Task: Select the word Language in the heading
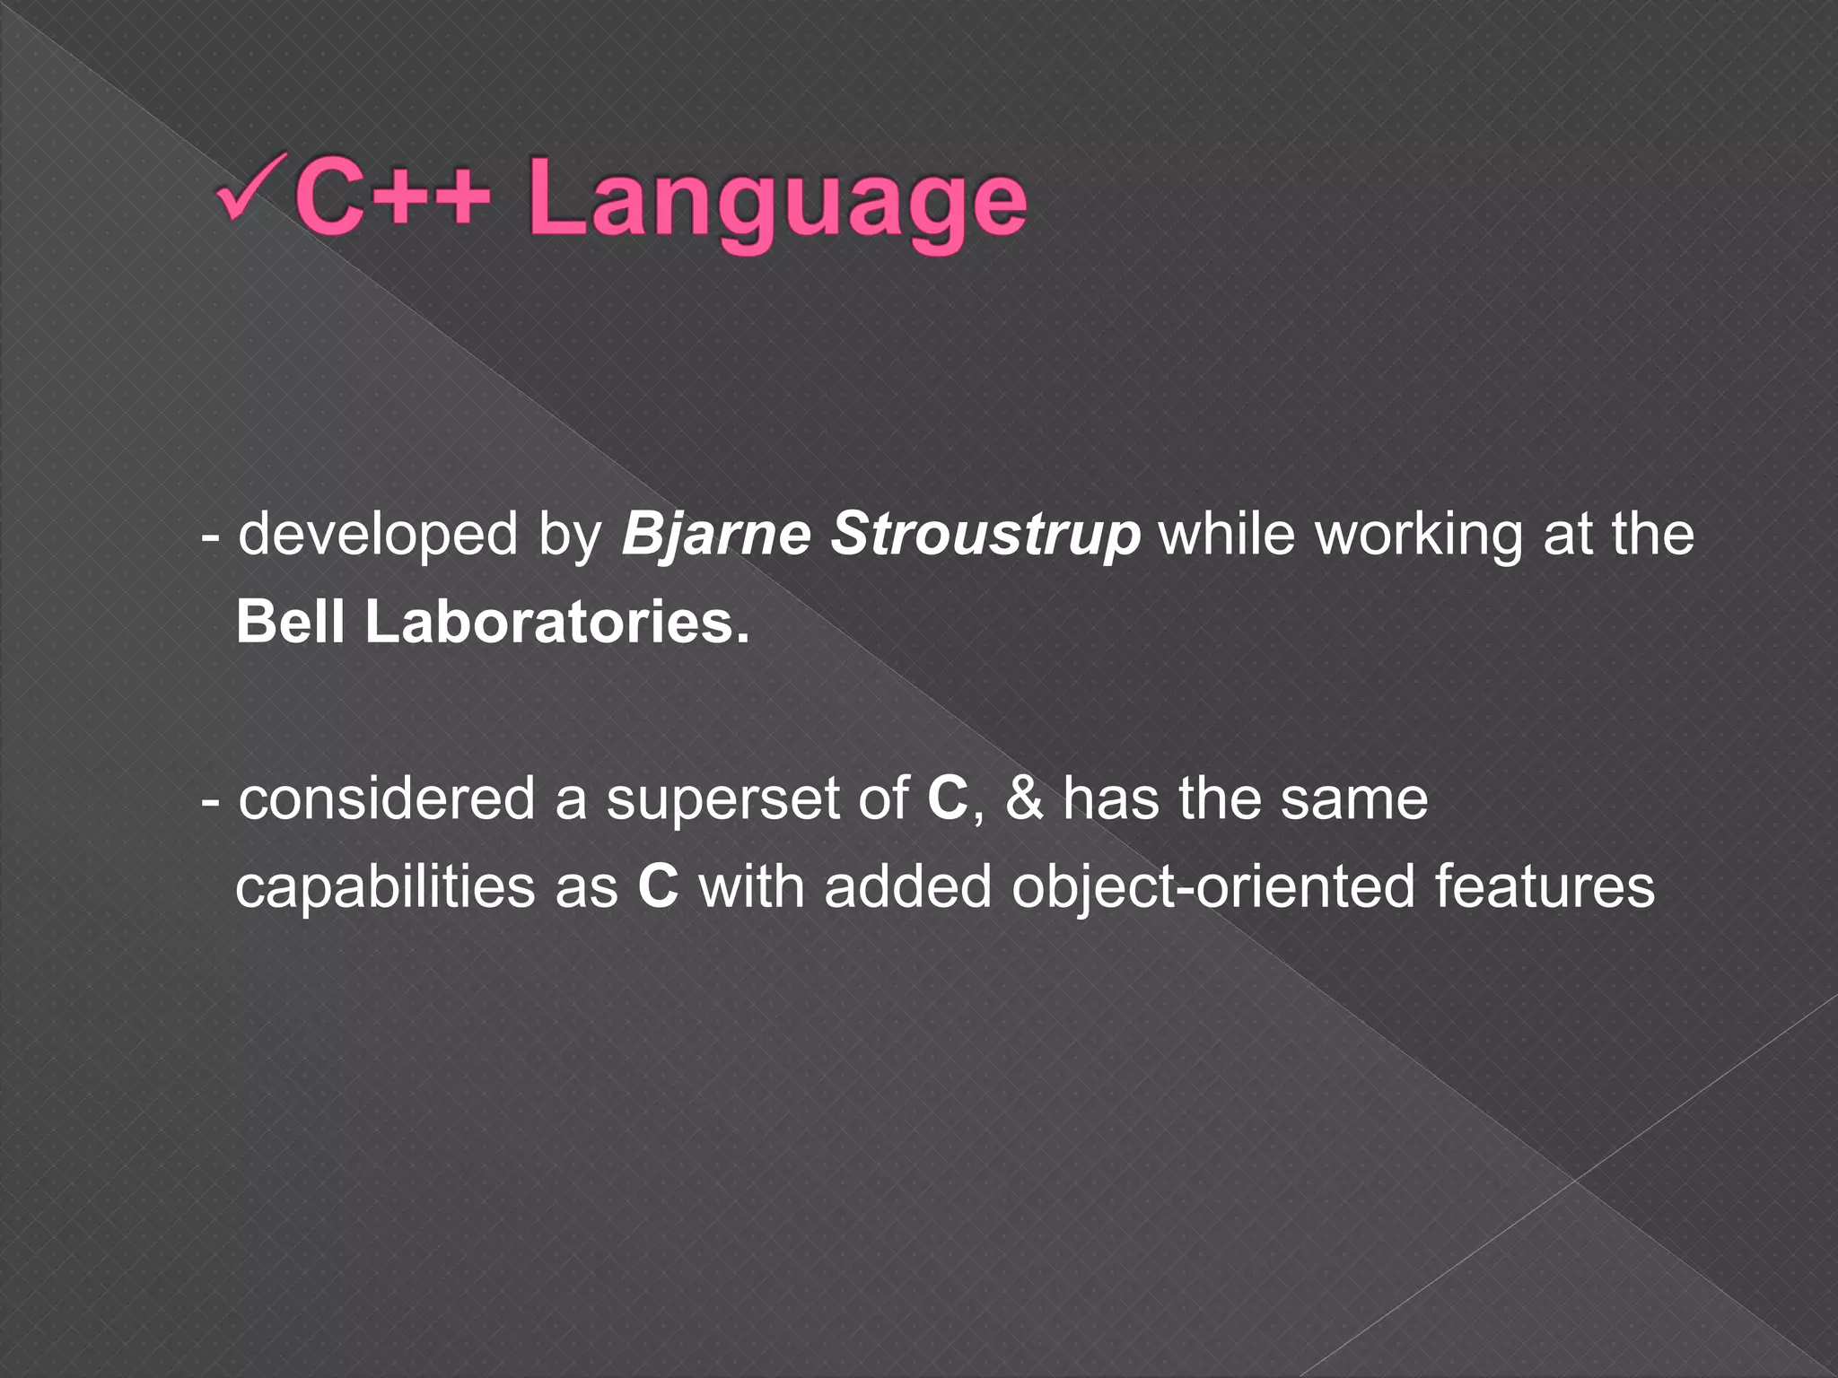click(776, 203)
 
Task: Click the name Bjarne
click(715, 535)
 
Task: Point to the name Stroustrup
click(985, 535)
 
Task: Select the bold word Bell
click(290, 622)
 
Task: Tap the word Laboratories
click(556, 622)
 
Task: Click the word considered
click(387, 798)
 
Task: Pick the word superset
click(722, 798)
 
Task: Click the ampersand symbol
click(1024, 798)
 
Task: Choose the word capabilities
click(385, 886)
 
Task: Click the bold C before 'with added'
click(658, 886)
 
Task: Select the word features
click(1544, 886)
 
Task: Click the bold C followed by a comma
click(948, 798)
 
